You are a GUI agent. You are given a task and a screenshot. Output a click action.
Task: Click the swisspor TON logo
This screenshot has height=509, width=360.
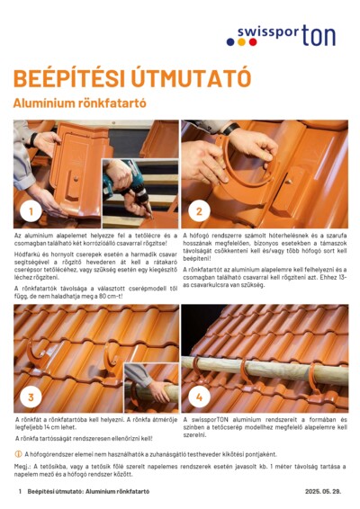[x=286, y=36]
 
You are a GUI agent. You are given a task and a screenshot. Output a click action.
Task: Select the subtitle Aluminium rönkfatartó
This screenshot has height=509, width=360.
[x=79, y=103]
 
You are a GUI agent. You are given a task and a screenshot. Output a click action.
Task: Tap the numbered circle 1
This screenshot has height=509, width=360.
[x=31, y=212]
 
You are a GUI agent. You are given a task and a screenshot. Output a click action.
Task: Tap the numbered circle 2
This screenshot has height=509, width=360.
[x=199, y=212]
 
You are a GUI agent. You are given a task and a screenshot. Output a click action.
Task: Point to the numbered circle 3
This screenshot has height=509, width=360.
[x=31, y=396]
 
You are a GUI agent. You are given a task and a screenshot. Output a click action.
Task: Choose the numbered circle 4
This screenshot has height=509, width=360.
[x=199, y=396]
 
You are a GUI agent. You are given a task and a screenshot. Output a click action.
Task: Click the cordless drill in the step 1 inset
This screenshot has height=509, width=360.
[x=121, y=181]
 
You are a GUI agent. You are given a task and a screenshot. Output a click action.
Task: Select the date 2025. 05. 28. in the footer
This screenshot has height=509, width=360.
[x=325, y=493]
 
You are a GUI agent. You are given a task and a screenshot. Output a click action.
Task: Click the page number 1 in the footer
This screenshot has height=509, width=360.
[x=19, y=493]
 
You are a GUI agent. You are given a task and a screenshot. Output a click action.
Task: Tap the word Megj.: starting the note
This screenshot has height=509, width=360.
[x=23, y=469]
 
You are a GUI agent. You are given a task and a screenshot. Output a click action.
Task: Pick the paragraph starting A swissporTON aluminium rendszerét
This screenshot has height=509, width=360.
[x=265, y=425]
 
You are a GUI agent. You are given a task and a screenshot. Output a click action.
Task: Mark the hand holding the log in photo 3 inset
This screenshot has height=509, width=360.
[x=157, y=390]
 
